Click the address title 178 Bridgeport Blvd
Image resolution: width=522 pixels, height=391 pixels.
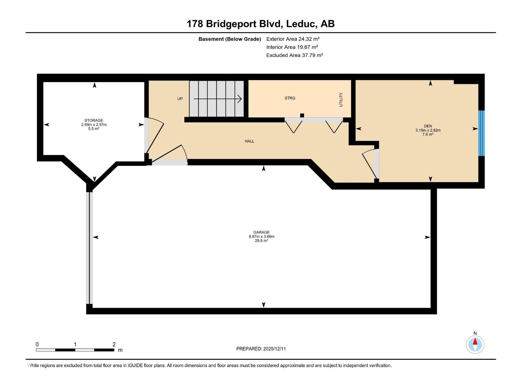pyautogui.click(x=260, y=24)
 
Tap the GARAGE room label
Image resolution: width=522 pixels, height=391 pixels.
pyautogui.click(x=261, y=232)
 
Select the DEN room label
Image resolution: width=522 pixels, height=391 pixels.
pyautogui.click(x=428, y=126)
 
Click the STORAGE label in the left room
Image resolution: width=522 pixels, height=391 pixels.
pyautogui.click(x=94, y=121)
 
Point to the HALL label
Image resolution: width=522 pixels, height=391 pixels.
pyautogui.click(x=249, y=141)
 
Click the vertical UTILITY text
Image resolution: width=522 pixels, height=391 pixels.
pyautogui.click(x=341, y=99)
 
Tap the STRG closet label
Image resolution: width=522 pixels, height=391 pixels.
pyautogui.click(x=290, y=98)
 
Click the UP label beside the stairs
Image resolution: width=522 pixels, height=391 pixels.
pyautogui.click(x=180, y=99)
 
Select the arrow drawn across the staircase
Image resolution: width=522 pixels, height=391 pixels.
pyautogui.click(x=217, y=99)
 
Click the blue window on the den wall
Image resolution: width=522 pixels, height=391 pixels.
pyautogui.click(x=481, y=133)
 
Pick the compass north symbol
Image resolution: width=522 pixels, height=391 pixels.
pyautogui.click(x=475, y=344)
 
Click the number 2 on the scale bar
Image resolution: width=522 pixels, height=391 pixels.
pyautogui.click(x=114, y=344)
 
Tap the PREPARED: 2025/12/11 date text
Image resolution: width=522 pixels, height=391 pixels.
pyautogui.click(x=261, y=349)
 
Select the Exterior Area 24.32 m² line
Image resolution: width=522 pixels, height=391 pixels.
pyautogui.click(x=293, y=39)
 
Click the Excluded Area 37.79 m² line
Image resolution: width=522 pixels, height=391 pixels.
pyautogui.click(x=294, y=55)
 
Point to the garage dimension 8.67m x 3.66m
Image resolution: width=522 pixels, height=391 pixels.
pyautogui.click(x=261, y=237)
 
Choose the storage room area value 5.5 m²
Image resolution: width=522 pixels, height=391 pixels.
pyautogui.click(x=94, y=129)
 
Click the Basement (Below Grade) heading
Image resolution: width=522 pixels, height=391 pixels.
pyautogui.click(x=230, y=39)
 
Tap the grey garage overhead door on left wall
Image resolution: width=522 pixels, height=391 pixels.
pyautogui.click(x=89, y=248)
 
